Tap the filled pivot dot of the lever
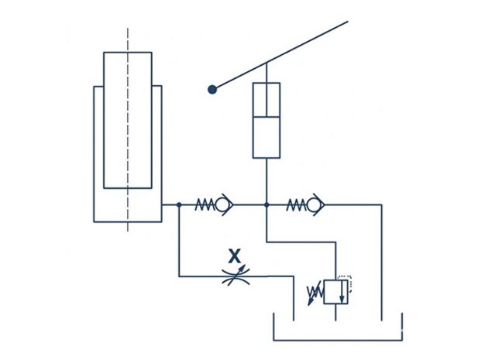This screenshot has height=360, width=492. (x=212, y=90)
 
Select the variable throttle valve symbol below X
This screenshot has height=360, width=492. (x=236, y=276)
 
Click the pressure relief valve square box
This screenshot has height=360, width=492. (x=335, y=292)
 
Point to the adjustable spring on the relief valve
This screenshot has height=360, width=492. (x=315, y=293)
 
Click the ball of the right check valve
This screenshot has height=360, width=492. (x=312, y=205)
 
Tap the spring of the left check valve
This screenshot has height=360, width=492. (x=205, y=205)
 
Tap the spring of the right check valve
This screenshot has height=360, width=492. (x=297, y=205)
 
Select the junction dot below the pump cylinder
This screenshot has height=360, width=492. (x=267, y=205)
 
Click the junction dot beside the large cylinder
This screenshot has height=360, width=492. (x=179, y=205)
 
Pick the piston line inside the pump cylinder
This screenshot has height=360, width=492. (x=267, y=117)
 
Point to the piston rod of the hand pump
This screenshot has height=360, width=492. (x=267, y=89)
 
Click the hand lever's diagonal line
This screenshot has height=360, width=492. (x=280, y=56)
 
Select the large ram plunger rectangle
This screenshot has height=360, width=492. (x=128, y=121)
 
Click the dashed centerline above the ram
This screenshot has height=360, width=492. (x=128, y=40)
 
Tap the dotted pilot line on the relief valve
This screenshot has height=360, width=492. (x=346, y=283)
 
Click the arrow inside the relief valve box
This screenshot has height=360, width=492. (x=342, y=291)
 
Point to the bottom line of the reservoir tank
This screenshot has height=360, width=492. (x=338, y=340)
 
